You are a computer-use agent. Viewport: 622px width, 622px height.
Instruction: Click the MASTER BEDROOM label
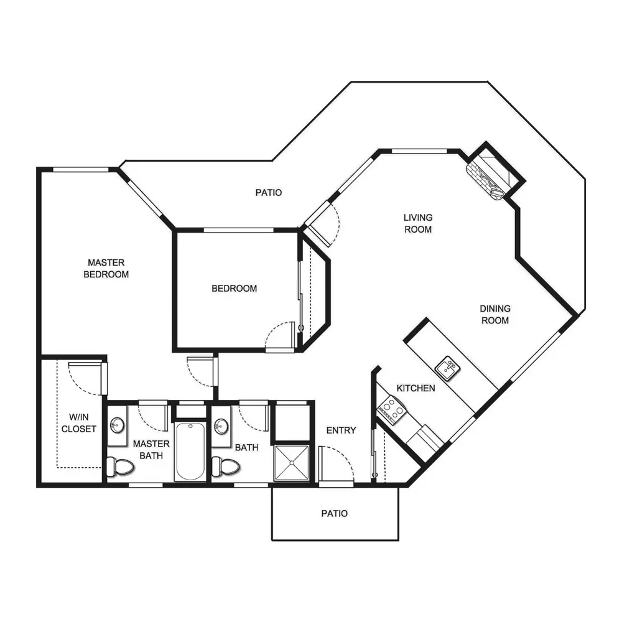click(106, 268)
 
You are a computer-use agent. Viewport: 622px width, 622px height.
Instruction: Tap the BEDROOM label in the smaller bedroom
click(234, 289)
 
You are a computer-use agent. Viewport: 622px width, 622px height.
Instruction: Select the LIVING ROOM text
click(418, 223)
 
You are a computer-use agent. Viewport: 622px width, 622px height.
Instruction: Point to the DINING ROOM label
click(495, 315)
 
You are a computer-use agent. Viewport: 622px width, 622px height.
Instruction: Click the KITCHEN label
click(415, 388)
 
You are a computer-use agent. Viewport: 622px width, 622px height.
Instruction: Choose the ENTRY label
click(341, 430)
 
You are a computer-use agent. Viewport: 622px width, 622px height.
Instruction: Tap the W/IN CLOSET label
click(79, 423)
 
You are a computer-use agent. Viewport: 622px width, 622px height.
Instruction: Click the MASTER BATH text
click(151, 450)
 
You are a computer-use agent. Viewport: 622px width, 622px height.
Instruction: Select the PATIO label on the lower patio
click(335, 513)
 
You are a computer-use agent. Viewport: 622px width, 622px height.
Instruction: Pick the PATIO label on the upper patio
click(269, 192)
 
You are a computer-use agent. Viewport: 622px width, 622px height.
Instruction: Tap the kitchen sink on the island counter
click(447, 368)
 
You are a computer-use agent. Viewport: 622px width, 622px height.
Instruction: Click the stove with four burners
click(392, 410)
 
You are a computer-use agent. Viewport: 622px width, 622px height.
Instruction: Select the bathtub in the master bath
click(190, 452)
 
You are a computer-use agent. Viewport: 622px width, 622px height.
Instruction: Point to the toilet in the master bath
click(120, 466)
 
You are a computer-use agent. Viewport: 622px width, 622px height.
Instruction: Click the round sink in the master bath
click(117, 425)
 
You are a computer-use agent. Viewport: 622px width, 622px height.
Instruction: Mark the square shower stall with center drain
click(292, 463)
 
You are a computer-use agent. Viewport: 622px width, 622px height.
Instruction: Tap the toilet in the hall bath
click(225, 466)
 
